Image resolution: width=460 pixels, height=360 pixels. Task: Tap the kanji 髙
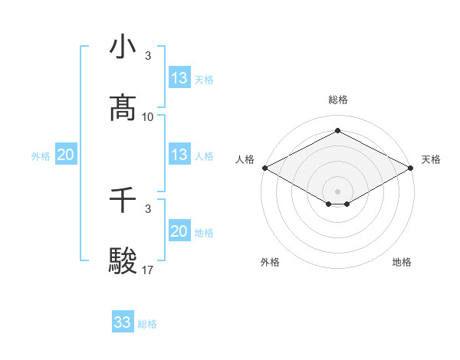click(x=123, y=108)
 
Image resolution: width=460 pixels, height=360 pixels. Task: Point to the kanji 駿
click(x=123, y=261)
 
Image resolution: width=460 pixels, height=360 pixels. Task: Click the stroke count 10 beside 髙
click(x=148, y=117)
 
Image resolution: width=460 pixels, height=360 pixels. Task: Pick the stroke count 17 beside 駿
click(x=148, y=270)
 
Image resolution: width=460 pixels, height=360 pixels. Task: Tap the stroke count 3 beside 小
click(x=148, y=56)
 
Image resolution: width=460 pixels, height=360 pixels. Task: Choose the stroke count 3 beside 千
click(x=148, y=208)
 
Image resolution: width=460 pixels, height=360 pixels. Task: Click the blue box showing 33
click(x=123, y=322)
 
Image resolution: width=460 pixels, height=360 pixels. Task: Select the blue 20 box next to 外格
click(x=66, y=155)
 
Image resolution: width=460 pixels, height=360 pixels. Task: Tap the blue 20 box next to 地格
click(x=179, y=231)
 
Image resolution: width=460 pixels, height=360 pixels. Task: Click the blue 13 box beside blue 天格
click(x=179, y=78)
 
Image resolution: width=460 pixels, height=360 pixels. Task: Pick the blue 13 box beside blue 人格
click(x=179, y=155)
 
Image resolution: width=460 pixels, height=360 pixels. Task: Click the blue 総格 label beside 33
click(x=147, y=324)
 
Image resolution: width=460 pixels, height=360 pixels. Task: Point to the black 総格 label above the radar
click(x=337, y=100)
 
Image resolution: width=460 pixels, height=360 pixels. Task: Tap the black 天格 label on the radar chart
click(x=431, y=159)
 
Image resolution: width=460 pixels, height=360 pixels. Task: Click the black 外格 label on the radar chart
click(x=270, y=262)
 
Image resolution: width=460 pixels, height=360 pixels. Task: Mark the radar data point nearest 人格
click(x=264, y=168)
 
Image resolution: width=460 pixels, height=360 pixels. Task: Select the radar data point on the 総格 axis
click(x=337, y=130)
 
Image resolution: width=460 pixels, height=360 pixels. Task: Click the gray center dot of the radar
click(x=337, y=191)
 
